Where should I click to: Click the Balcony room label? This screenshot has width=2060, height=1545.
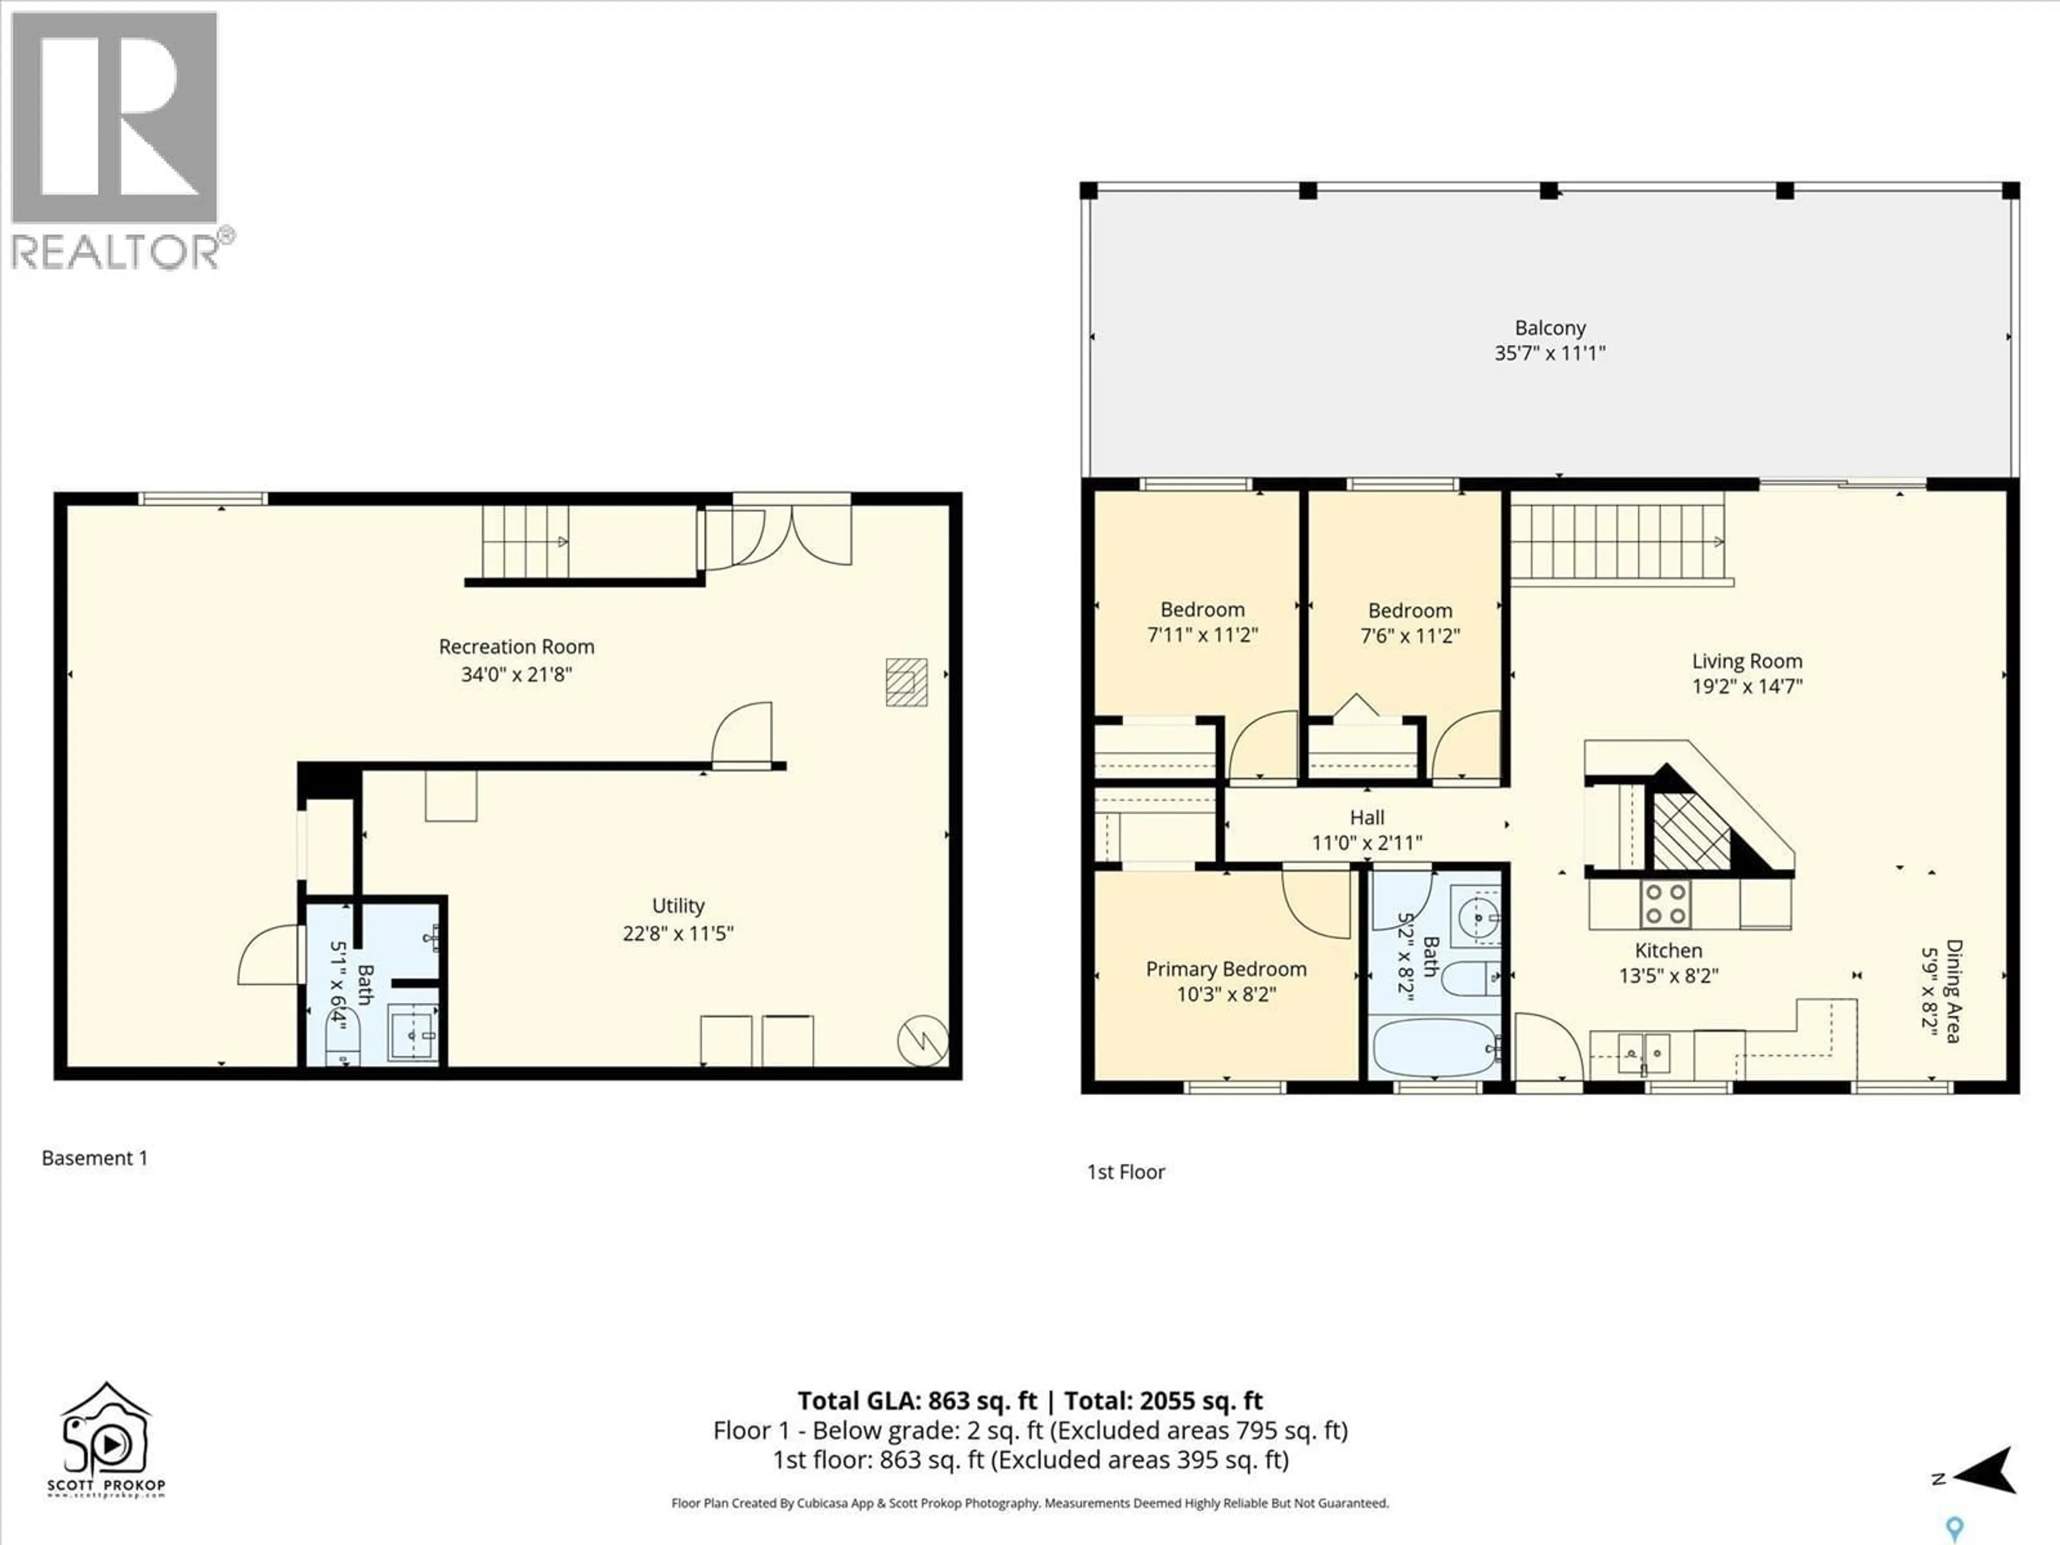1550,328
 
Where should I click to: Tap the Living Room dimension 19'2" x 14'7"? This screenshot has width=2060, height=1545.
1747,686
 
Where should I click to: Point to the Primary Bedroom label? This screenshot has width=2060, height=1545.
1226,969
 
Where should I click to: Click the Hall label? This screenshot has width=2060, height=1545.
1366,818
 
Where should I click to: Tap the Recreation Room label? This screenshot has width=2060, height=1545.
516,646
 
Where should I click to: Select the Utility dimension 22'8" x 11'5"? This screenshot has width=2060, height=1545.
678,933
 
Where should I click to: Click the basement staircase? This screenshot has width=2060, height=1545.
524,542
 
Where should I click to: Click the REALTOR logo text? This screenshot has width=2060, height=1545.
116,252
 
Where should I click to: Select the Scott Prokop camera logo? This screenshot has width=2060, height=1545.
105,1439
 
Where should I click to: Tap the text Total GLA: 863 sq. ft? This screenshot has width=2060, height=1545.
916,1401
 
